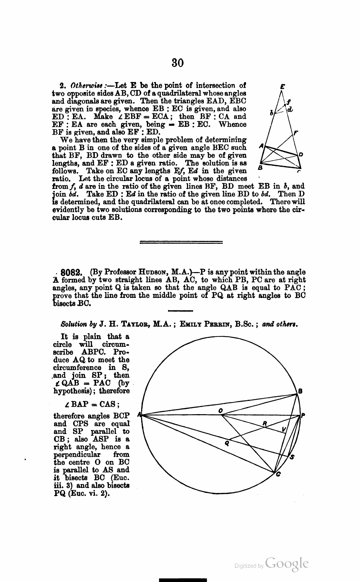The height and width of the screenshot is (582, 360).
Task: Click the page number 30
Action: tap(178, 63)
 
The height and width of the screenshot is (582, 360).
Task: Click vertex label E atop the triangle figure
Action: tap(283, 87)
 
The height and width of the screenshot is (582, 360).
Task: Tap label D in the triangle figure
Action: tap(301, 154)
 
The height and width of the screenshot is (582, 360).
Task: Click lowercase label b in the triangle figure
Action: tap(272, 113)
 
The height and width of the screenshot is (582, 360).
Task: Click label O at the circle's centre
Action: tap(221, 410)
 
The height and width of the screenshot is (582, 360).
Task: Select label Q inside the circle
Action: tap(226, 442)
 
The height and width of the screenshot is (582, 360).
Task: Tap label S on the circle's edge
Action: tap(292, 457)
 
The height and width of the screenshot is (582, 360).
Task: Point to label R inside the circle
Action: tap(265, 423)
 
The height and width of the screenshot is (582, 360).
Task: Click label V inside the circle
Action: tap(284, 430)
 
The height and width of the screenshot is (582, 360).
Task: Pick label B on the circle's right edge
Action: tap(300, 392)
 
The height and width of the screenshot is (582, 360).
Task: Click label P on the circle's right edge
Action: tap(303, 416)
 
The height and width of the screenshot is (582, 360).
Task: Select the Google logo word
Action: tap(287, 563)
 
